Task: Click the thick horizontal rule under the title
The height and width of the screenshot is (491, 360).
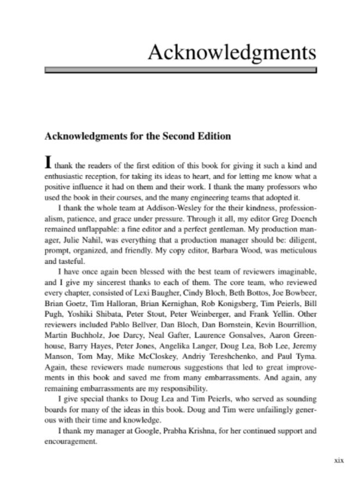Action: point(180,70)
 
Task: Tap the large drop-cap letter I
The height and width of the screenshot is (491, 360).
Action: point(49,162)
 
